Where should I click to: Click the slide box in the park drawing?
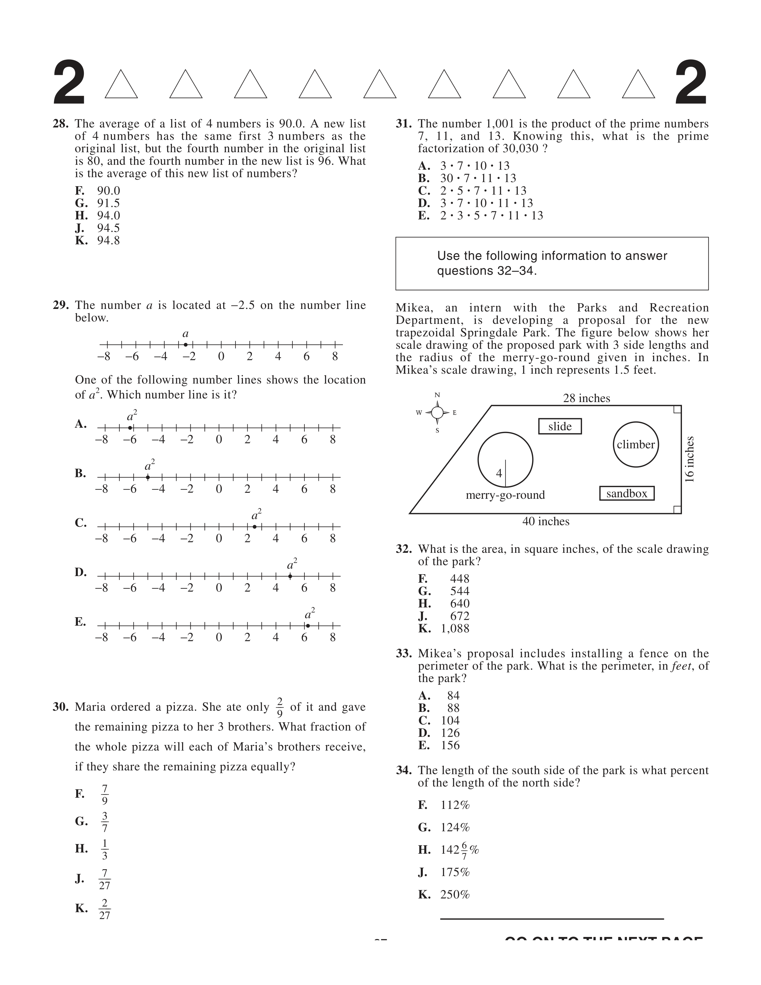pyautogui.click(x=560, y=426)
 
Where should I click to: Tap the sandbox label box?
pyautogui.click(x=627, y=493)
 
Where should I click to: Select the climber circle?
pyautogui.click(x=636, y=445)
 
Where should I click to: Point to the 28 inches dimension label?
pyautogui.click(x=586, y=398)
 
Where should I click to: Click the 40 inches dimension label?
pyautogui.click(x=546, y=521)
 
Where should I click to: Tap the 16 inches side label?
pyautogui.click(x=690, y=459)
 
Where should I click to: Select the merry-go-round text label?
pyautogui.click(x=505, y=495)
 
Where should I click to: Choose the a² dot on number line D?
pyautogui.click(x=290, y=576)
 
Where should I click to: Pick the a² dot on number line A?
pyautogui.click(x=130, y=427)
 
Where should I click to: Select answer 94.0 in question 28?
pyautogui.click(x=109, y=216)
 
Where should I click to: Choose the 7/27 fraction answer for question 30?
pyautogui.click(x=104, y=879)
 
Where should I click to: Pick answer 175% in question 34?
pyautogui.click(x=455, y=872)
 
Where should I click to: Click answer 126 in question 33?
pyautogui.click(x=450, y=733)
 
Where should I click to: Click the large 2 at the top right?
pyautogui.click(x=691, y=84)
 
